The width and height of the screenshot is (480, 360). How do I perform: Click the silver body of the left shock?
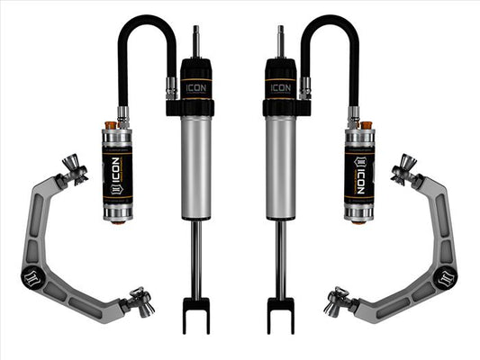coord(196,166)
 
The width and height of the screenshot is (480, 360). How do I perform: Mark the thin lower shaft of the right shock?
coord(281,261)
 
